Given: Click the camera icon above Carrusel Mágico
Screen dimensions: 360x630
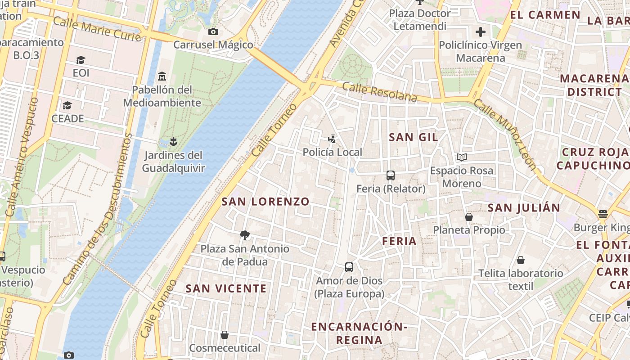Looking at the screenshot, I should (213, 31).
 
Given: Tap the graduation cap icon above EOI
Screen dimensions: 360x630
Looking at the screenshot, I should (81, 60).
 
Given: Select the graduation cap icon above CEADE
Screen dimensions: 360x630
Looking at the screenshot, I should (67, 105).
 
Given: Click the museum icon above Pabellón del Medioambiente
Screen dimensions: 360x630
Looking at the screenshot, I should (162, 76).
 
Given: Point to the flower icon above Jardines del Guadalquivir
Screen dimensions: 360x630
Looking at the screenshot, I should (173, 142).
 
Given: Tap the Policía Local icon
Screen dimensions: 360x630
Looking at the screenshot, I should (332, 139).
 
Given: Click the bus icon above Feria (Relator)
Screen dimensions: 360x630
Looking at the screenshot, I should (391, 175).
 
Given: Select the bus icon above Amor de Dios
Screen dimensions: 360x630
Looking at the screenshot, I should (349, 267).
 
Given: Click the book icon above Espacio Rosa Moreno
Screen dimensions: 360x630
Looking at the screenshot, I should (462, 157).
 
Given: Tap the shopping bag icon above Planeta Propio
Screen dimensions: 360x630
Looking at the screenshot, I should (469, 217).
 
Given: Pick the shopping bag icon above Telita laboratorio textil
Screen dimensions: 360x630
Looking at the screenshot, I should (521, 260).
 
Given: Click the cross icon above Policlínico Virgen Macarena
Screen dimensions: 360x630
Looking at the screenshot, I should (480, 32).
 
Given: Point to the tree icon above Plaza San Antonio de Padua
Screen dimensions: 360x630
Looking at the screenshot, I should (245, 235).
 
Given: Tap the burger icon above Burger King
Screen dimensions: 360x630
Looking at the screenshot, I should (603, 214).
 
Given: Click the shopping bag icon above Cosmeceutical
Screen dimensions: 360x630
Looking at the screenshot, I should (225, 335).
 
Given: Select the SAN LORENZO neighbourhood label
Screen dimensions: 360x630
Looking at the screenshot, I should (265, 202).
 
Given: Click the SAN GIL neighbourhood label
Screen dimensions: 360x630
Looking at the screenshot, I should (413, 137).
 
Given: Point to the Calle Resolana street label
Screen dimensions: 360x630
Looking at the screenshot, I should (379, 92).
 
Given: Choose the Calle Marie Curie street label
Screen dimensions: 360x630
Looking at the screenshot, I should (97, 28).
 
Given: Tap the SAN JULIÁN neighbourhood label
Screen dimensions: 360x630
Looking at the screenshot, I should (524, 208).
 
